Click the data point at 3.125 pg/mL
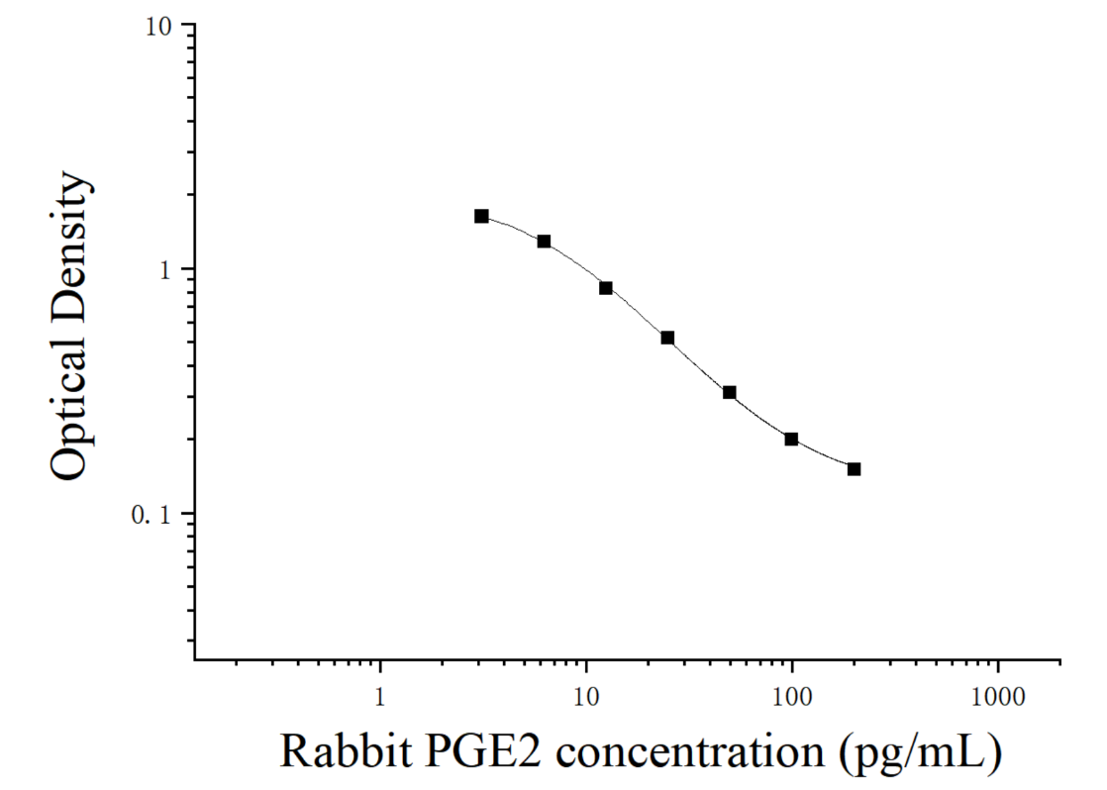click(481, 216)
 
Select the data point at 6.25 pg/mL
click(544, 242)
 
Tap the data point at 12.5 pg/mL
click(606, 288)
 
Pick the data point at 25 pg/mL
click(667, 339)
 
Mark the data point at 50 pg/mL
click(730, 393)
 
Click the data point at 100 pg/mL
click(791, 440)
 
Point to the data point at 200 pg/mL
click(854, 469)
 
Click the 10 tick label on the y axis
click(158, 27)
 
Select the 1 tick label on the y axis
click(165, 269)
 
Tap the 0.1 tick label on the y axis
click(151, 515)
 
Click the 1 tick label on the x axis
click(380, 698)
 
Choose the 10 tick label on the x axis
click(585, 698)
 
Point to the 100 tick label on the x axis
click(791, 698)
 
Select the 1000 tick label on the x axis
click(997, 698)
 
